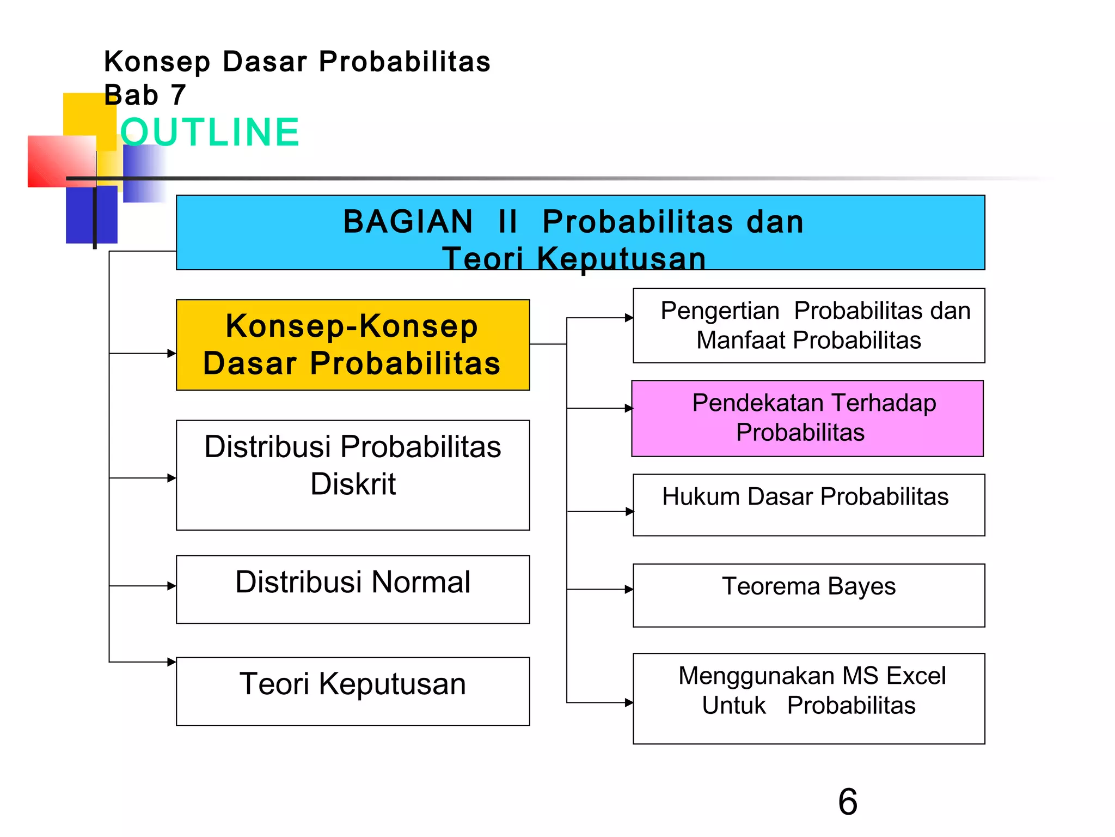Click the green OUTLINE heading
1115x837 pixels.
210,132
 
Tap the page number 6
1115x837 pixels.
848,802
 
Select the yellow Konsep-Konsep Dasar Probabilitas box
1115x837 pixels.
353,345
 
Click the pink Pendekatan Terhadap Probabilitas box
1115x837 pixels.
807,418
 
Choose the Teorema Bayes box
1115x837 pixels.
808,595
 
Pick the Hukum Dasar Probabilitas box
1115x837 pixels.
808,505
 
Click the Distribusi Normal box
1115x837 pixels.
353,589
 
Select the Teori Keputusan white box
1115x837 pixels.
353,691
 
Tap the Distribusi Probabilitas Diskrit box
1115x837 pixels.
353,475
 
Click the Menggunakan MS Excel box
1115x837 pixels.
808,698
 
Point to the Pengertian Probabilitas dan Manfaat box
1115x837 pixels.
808,325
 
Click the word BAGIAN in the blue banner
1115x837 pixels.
408,222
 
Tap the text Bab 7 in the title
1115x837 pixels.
145,95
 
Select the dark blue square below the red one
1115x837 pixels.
91,215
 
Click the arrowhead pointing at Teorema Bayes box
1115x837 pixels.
629,589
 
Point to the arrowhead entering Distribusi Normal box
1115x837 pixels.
171,586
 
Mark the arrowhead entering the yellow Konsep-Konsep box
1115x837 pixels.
171,353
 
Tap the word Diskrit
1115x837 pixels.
353,484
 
